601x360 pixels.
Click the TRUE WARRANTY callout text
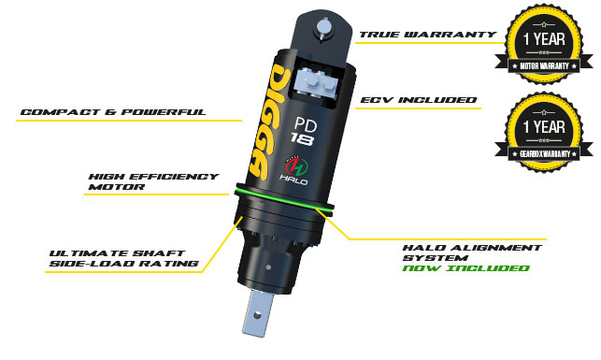click(428, 35)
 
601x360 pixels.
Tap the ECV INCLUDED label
click(419, 100)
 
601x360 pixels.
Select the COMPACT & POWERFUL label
click(113, 112)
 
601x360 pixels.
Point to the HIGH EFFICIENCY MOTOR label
click(153, 181)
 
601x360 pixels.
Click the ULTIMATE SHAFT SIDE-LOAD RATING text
click(124, 258)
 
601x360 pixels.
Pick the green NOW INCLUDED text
click(466, 268)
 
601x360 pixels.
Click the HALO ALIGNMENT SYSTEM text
click(472, 252)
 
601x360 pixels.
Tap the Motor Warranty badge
click(544, 44)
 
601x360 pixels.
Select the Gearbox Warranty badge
click(544, 132)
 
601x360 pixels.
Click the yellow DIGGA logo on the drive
click(267, 122)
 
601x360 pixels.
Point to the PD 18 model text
click(303, 131)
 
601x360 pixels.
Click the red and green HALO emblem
click(296, 166)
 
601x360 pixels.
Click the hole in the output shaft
click(257, 315)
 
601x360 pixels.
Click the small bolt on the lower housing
click(269, 267)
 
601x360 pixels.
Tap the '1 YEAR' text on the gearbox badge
click(544, 127)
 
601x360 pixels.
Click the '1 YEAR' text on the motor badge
click(544, 38)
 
